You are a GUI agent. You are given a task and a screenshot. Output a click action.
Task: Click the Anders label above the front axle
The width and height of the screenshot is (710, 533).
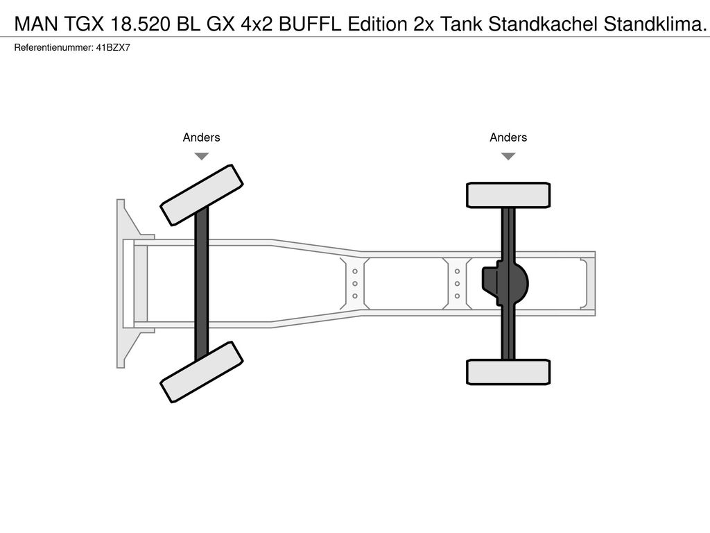201,137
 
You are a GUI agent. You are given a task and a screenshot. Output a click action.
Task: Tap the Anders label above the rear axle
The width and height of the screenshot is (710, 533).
508,137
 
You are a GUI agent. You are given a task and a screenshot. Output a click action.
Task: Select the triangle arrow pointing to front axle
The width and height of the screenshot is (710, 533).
201,156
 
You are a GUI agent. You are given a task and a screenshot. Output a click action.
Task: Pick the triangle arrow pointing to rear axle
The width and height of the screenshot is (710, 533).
508,156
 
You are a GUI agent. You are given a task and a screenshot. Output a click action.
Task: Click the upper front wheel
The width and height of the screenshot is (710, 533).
201,194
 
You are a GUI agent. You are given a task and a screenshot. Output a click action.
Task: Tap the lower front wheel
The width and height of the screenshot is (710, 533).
201,372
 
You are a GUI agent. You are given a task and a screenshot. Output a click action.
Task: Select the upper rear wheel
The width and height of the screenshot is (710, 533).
508,195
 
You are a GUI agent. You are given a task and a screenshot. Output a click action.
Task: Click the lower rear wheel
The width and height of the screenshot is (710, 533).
508,371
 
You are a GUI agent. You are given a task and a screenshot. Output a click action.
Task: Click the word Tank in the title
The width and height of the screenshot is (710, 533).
464,26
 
